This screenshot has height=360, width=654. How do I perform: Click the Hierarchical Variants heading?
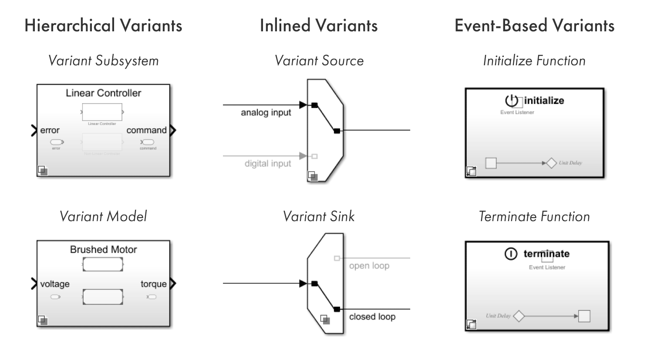103,26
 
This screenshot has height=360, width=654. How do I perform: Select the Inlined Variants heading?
318,26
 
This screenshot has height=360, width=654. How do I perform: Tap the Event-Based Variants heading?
534,26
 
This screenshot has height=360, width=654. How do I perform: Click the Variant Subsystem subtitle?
103,61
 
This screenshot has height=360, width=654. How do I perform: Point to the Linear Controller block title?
103,93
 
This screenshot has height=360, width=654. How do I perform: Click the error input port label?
50,130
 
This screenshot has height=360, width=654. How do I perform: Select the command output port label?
146,130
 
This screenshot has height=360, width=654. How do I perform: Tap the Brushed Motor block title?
103,249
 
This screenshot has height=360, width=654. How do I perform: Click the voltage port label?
55,284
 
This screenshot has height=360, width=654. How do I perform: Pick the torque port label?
153,284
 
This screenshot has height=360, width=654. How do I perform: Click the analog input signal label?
266,113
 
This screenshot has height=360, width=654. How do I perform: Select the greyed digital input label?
267,164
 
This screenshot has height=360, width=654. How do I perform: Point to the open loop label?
369,266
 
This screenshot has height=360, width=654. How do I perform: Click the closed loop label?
372,316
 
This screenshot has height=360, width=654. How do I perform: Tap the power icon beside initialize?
512,101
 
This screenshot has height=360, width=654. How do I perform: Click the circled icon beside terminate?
511,254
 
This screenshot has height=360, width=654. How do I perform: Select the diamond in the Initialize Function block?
551,163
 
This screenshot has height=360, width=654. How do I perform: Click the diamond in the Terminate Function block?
519,316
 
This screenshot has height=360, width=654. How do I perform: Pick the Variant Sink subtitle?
318,216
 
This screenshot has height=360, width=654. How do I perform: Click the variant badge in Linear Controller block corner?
42,170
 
